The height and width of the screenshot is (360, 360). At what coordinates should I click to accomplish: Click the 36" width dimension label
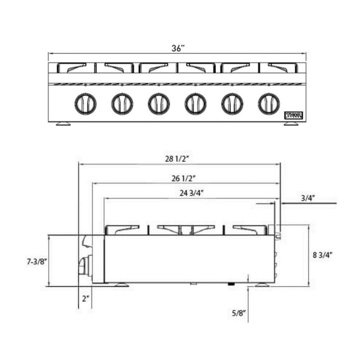click(x=178, y=48)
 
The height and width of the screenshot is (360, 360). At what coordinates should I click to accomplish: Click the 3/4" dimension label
click(x=308, y=197)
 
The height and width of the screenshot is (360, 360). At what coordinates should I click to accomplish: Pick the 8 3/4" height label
click(x=323, y=255)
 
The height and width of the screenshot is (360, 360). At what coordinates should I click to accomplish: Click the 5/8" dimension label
click(x=239, y=313)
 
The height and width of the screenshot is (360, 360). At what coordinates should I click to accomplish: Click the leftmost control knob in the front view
click(x=85, y=104)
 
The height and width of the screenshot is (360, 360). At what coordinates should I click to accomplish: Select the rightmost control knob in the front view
click(x=269, y=104)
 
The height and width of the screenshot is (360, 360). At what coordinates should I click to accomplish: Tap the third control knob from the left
click(x=158, y=104)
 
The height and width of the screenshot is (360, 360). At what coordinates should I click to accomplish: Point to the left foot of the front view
click(x=63, y=123)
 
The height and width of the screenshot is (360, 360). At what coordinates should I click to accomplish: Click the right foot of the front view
click(x=291, y=123)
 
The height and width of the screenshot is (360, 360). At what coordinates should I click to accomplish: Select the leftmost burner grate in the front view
click(x=72, y=67)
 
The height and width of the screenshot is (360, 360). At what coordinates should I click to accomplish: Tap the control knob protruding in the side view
click(x=84, y=266)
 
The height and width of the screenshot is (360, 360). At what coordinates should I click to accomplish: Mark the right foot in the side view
click(x=262, y=284)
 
